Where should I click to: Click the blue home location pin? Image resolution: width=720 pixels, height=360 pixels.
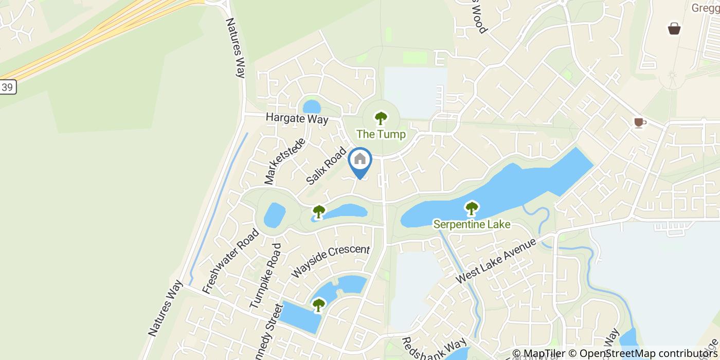(x=360, y=160)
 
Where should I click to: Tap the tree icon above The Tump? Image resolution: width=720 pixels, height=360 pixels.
(x=381, y=119)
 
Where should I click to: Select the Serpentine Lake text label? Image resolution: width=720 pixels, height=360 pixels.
(x=472, y=224)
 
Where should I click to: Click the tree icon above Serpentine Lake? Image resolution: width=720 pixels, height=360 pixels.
(x=472, y=208)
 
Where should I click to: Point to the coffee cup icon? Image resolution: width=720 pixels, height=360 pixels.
(x=639, y=122)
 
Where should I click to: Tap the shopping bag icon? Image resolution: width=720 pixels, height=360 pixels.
(x=674, y=28)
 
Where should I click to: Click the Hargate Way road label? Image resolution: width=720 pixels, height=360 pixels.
(x=297, y=118)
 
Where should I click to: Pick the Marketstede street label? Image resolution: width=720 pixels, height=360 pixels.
(x=285, y=161)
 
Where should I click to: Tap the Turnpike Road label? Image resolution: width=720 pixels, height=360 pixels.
(x=265, y=276)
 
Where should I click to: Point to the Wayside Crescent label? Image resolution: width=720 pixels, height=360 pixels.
(x=330, y=261)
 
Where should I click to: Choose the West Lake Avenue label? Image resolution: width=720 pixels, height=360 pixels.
(x=496, y=260)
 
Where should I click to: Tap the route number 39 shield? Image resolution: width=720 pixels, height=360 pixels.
(x=7, y=87)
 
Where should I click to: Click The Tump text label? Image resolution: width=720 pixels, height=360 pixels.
(x=381, y=135)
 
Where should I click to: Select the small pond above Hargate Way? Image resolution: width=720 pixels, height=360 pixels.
(x=312, y=107)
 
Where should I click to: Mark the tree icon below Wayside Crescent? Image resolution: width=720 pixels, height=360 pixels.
(x=319, y=305)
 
